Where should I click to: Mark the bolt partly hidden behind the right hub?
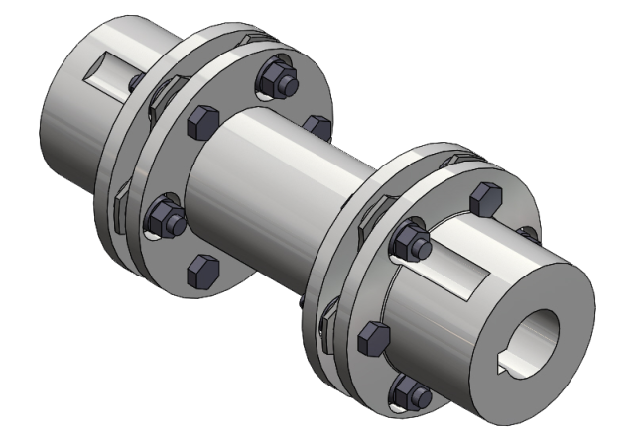click(529, 236)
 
